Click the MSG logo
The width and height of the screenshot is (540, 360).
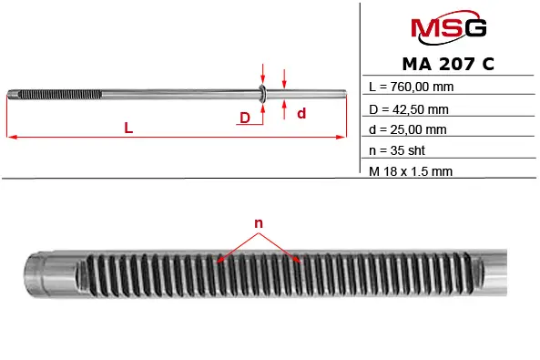[448, 27]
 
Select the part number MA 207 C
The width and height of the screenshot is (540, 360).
[448, 64]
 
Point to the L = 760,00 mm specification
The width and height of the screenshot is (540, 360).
[412, 87]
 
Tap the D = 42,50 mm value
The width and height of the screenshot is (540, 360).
[409, 109]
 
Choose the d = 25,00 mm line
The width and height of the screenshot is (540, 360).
[408, 129]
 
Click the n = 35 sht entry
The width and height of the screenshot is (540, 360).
[397, 150]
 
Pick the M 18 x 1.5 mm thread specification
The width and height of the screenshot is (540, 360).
[411, 171]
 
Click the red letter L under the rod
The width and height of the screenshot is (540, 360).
[128, 128]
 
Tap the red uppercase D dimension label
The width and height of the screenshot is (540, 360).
[245, 118]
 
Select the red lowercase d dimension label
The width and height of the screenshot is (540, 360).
[301, 113]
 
